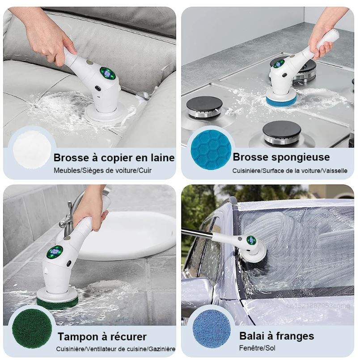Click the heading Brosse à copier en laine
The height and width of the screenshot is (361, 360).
[114, 158]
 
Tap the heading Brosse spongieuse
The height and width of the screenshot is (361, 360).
[281, 157]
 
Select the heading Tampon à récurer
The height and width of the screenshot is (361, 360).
[102, 336]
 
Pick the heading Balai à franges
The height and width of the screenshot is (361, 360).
[276, 336]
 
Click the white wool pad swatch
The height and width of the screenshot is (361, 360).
[32, 150]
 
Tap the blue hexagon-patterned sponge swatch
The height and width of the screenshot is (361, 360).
[211, 150]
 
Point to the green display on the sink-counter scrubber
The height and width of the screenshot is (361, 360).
[55, 252]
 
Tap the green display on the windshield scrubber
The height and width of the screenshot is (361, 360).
[251, 240]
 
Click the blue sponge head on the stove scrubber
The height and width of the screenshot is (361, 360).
[281, 100]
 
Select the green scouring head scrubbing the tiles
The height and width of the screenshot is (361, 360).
[57, 300]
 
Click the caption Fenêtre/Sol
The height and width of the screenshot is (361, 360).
[257, 348]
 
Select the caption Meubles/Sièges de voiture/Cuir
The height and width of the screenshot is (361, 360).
[102, 171]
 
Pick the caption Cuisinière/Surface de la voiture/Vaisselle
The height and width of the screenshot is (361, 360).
[290, 171]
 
